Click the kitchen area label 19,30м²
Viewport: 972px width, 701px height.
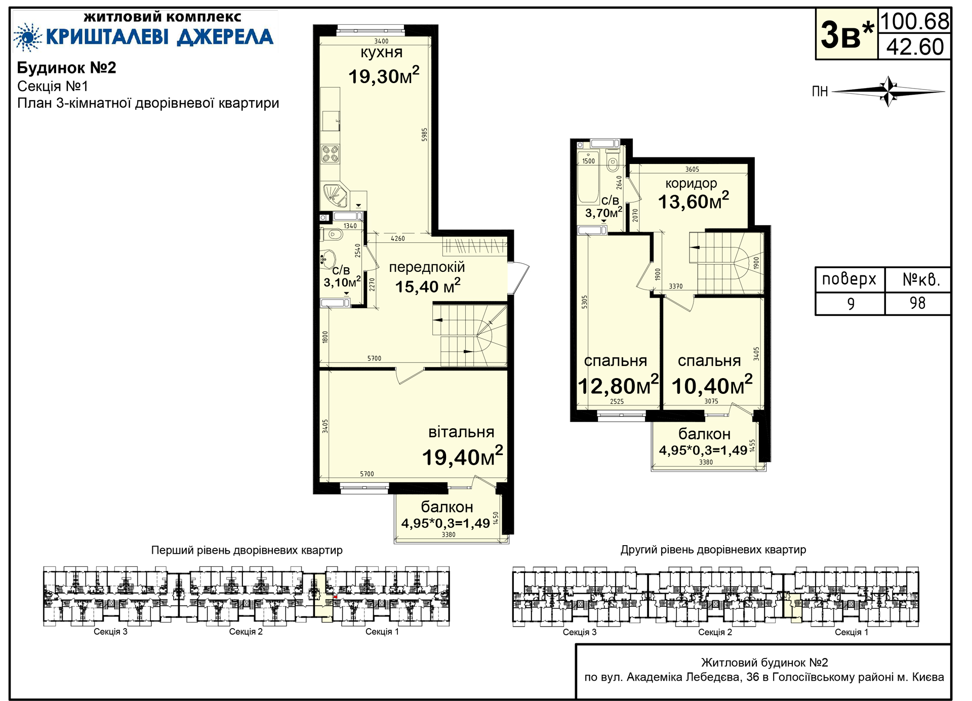click(384, 76)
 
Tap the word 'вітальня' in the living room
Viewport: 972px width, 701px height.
click(461, 432)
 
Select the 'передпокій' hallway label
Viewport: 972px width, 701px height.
click(427, 267)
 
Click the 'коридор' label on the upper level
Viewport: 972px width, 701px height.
click(691, 183)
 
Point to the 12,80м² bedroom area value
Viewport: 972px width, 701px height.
click(618, 386)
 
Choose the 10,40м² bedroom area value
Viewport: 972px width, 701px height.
click(712, 386)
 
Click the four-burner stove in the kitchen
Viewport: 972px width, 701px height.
click(331, 154)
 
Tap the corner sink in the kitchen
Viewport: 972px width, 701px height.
click(335, 195)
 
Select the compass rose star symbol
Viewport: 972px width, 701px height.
click(888, 92)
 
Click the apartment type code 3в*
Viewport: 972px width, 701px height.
click(847, 35)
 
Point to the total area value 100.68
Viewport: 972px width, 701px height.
click(915, 22)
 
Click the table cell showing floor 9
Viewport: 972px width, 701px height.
click(850, 304)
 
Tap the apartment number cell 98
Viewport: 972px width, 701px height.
click(917, 303)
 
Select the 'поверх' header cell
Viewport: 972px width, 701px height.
click(849, 279)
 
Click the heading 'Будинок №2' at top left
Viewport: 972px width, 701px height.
click(67, 68)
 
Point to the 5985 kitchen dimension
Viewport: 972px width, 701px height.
click(425, 134)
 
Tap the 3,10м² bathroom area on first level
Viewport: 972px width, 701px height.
click(342, 282)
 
